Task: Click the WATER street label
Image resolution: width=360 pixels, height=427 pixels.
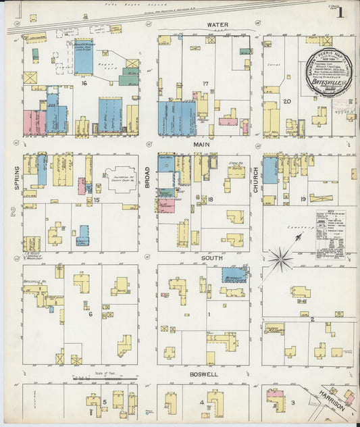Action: click(x=217, y=25)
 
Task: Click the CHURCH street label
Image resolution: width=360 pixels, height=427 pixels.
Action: click(x=255, y=178)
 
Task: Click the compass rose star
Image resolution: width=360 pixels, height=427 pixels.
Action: click(x=280, y=258)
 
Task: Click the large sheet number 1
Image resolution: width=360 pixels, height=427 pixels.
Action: click(x=340, y=13)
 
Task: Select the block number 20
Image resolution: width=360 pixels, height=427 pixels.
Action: click(x=287, y=101)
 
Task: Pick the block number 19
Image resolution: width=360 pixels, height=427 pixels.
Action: click(x=303, y=199)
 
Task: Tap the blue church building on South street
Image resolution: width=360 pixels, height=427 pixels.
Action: click(x=234, y=274)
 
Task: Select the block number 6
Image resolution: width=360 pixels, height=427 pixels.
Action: click(x=89, y=313)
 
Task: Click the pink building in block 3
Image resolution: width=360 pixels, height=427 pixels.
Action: click(x=274, y=393)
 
